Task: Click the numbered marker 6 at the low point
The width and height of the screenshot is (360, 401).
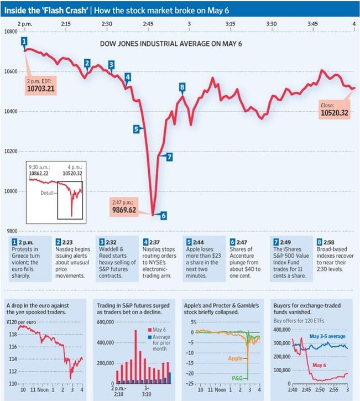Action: pyautogui.click(x=164, y=216)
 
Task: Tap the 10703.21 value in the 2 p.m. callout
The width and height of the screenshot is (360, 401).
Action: pyautogui.click(x=40, y=88)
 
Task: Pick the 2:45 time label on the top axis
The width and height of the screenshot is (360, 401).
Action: pyautogui.click(x=148, y=24)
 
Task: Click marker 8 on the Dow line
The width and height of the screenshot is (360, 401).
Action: pyautogui.click(x=182, y=86)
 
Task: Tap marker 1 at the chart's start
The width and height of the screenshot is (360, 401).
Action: pyautogui.click(x=24, y=41)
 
